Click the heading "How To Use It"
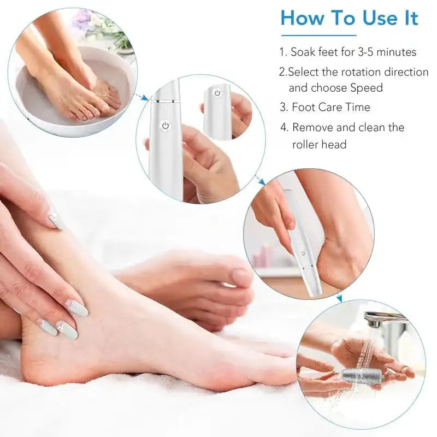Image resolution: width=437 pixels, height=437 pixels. coord(349,19)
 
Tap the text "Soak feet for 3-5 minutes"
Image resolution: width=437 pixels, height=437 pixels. coord(353,52)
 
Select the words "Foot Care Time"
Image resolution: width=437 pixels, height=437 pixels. coord(330,107)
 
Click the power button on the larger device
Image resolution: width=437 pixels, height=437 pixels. coord(164,126)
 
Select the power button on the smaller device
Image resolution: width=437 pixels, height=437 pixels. coord(217,93)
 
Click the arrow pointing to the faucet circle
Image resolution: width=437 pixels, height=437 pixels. coord(339,298)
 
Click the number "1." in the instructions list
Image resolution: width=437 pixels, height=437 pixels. coord(283,53)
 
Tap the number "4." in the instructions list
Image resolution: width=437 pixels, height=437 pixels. coord(284,128)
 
